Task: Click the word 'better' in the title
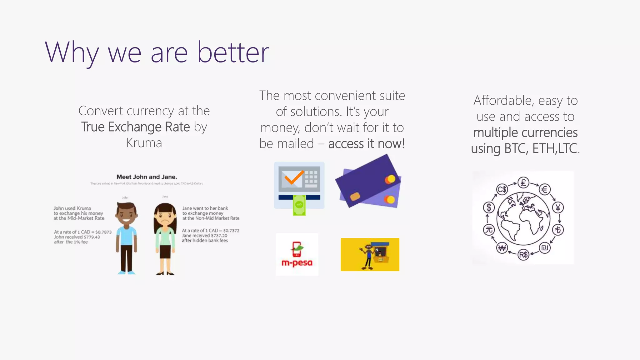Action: (233, 52)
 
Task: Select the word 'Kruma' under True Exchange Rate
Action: (144, 143)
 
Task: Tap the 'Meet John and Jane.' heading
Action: (147, 177)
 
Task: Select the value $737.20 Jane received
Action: (219, 236)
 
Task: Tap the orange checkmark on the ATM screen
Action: (293, 177)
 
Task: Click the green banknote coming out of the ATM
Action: (299, 205)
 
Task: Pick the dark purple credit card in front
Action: (367, 181)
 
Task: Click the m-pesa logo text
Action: (297, 263)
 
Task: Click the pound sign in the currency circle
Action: (523, 182)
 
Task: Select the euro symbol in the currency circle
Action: (545, 189)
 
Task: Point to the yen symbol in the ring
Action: (558, 207)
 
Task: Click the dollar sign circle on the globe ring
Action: (489, 207)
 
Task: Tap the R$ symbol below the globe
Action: (523, 255)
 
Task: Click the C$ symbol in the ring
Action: (502, 189)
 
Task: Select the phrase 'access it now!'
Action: (367, 144)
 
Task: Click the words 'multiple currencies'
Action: (525, 132)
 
